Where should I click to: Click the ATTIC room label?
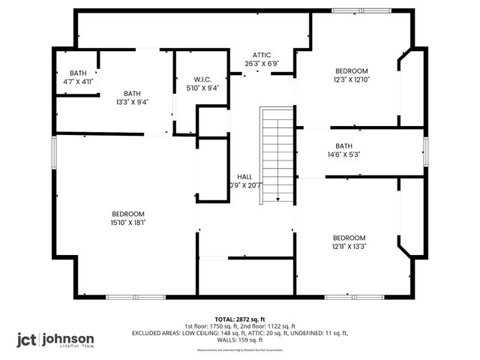(x=261, y=55)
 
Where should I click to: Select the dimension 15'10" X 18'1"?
(x=128, y=221)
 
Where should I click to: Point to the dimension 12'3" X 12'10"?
(x=351, y=79)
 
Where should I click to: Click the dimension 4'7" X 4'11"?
(x=73, y=81)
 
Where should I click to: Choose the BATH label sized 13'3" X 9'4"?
(x=132, y=94)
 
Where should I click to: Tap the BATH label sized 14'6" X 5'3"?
(x=343, y=145)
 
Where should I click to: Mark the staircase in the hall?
(x=276, y=154)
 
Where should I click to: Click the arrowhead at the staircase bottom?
(x=277, y=199)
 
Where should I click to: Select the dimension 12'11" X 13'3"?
(x=349, y=246)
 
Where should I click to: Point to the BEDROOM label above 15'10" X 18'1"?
(x=128, y=214)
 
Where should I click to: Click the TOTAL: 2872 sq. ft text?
(x=239, y=319)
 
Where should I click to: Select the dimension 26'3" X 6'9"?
(x=261, y=63)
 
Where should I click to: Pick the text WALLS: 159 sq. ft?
(x=239, y=339)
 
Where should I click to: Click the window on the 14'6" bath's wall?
(x=424, y=145)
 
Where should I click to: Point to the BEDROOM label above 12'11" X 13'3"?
(x=349, y=238)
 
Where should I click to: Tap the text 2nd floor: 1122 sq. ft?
(x=265, y=326)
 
